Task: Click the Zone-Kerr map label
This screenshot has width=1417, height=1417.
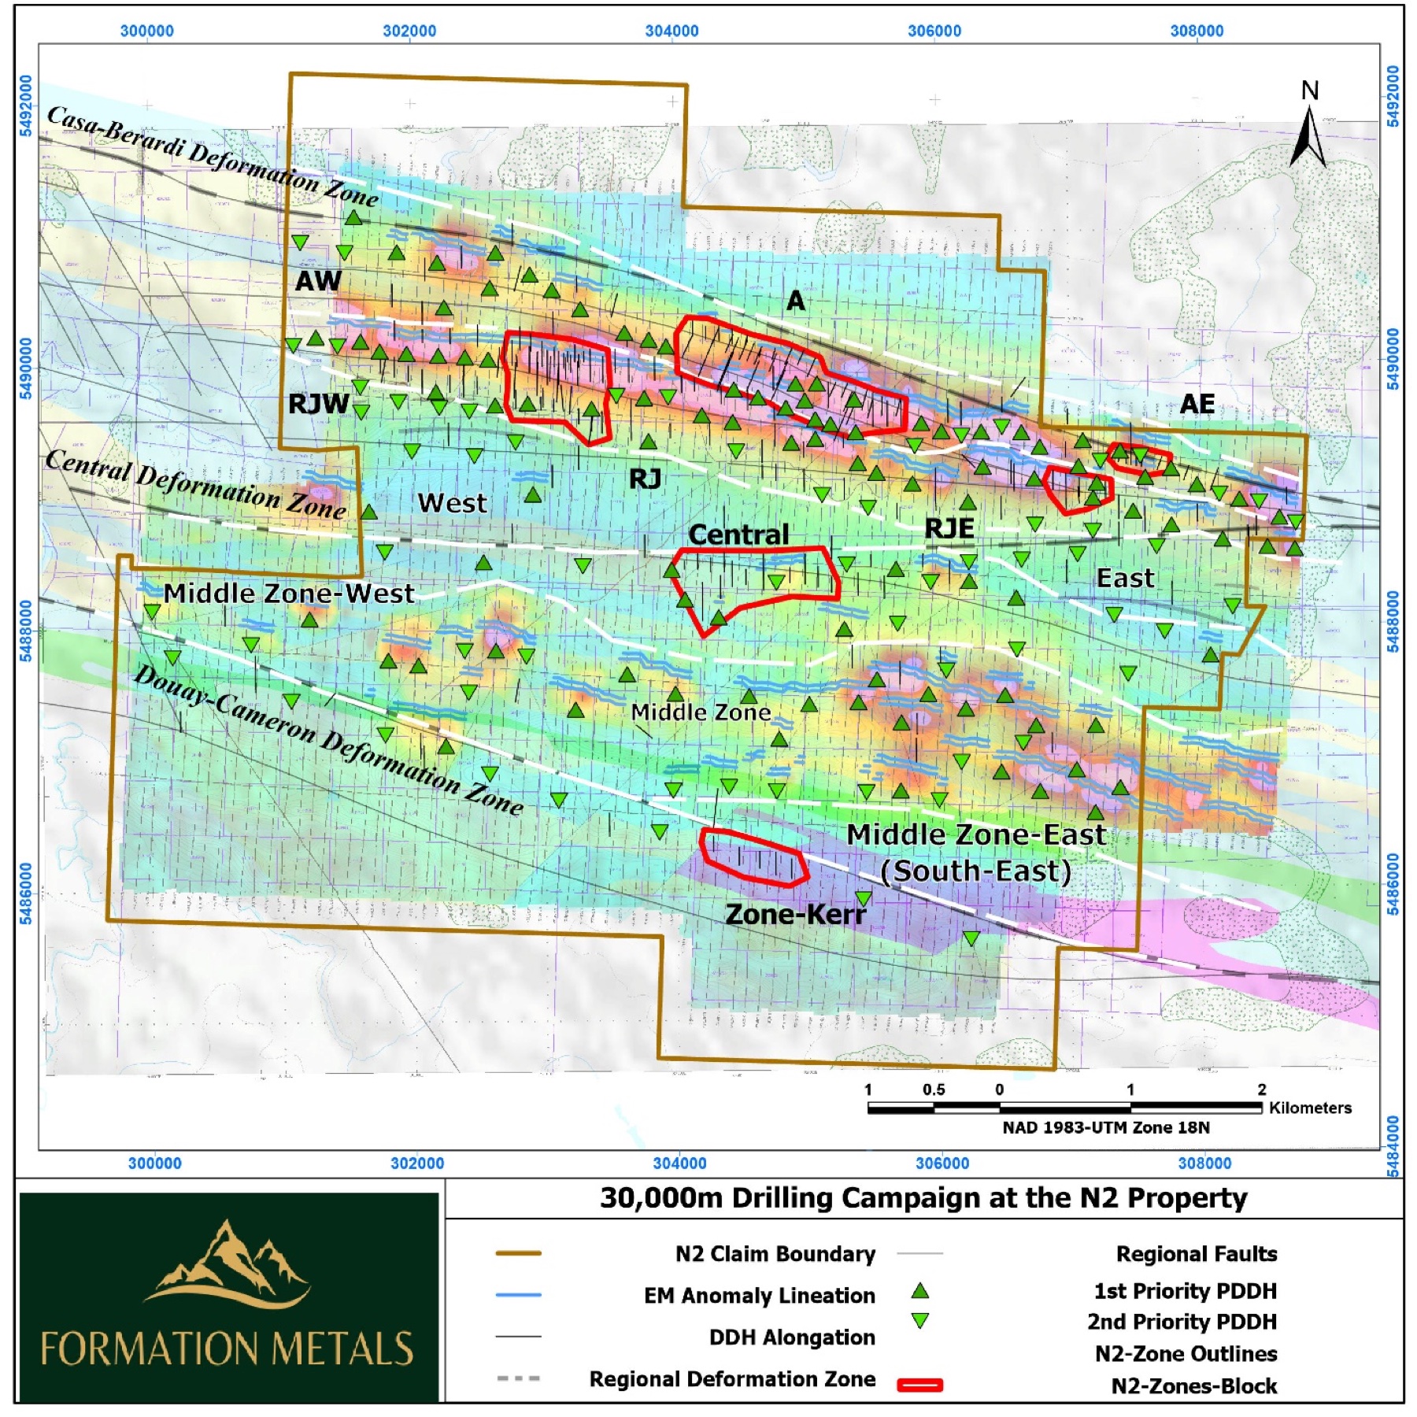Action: tap(795, 914)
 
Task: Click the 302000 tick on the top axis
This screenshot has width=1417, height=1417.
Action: tap(409, 31)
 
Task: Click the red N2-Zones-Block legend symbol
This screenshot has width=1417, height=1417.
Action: tap(919, 1386)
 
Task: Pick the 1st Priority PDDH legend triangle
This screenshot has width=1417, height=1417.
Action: tap(919, 1291)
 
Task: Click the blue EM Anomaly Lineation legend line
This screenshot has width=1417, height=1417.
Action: tap(518, 1295)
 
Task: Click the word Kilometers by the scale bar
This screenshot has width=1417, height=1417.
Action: tap(1310, 1108)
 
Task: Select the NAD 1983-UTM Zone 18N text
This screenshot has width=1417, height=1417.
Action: tap(1106, 1127)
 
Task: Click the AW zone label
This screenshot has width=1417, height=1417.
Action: tap(318, 280)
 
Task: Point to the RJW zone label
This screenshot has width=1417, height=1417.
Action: tap(318, 403)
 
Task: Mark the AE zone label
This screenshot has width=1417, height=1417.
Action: tap(1197, 404)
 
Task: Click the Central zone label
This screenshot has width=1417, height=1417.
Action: tap(738, 535)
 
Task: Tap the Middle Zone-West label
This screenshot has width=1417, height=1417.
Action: tap(288, 593)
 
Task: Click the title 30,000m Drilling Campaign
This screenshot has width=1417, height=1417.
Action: tap(923, 1198)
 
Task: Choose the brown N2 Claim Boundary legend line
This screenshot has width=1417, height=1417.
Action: tap(518, 1253)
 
